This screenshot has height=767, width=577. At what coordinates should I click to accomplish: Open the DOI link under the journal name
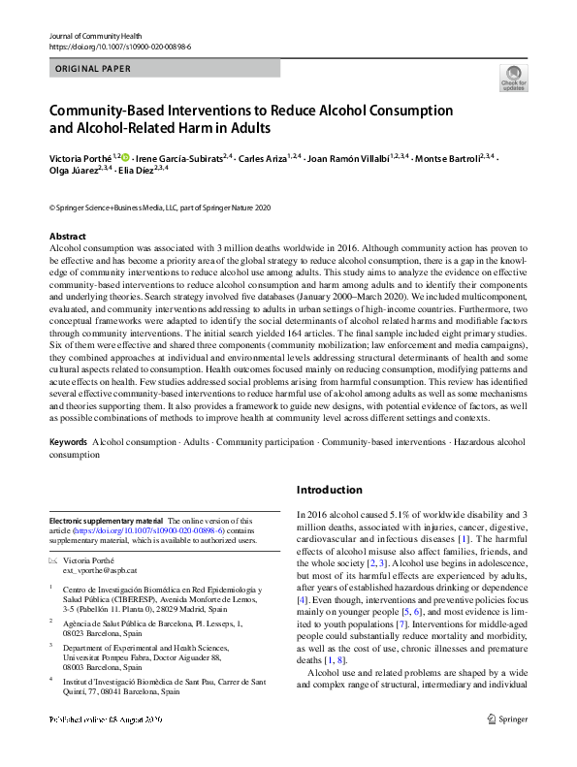pos(110,47)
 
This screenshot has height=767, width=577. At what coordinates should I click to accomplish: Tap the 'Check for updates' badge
pos(513,78)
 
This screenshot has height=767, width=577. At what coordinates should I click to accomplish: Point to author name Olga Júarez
pos(71,170)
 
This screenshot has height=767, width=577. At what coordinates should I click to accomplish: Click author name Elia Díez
pos(142,170)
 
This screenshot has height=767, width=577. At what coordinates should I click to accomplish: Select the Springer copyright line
pos(160,208)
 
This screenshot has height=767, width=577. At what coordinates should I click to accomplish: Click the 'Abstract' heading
pos(67,237)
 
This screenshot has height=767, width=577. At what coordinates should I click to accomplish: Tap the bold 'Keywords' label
pos(69,442)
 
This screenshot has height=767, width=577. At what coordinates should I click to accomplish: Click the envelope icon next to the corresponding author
pos(53,562)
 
